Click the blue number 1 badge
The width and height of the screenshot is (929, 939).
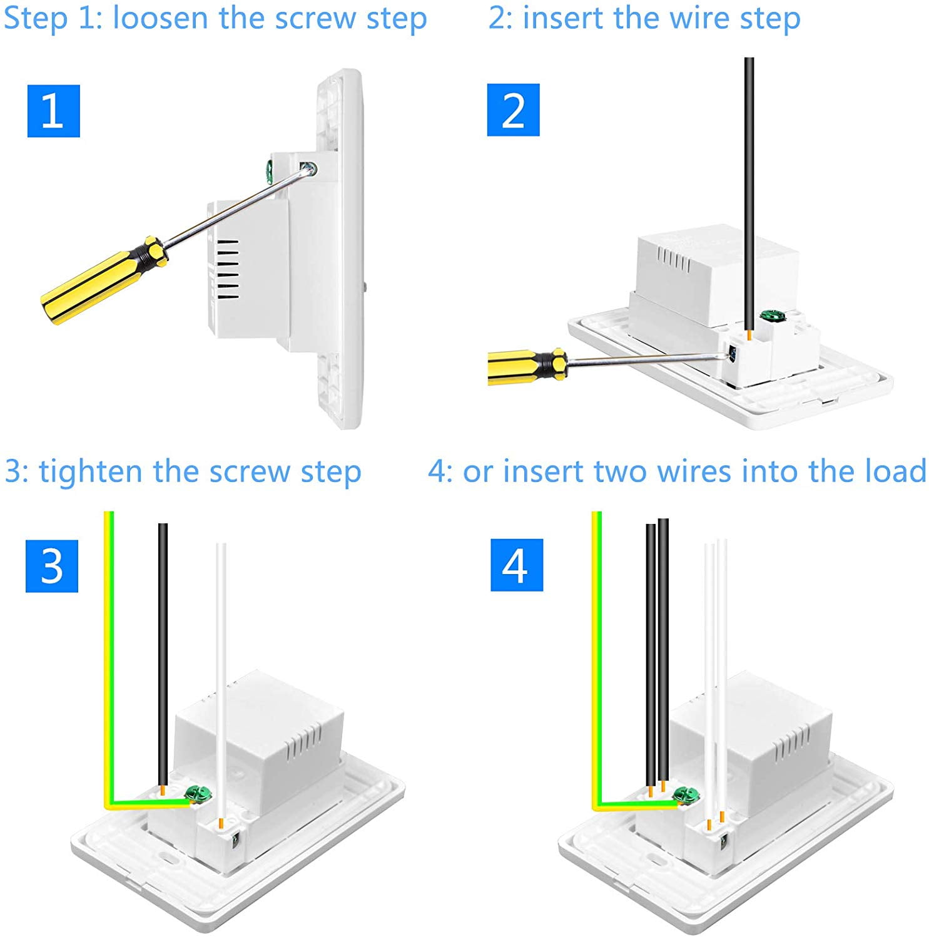[54, 111]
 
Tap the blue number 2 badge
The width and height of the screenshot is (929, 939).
[513, 110]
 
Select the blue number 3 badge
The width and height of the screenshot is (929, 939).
[52, 566]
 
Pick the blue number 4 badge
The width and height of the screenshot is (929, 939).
[517, 565]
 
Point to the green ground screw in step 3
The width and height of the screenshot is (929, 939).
[201, 796]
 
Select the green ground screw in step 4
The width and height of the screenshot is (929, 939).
[685, 794]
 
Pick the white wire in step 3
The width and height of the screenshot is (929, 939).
[221, 682]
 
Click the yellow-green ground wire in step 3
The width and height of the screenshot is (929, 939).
[109, 657]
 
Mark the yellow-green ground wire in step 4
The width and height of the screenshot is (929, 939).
[597, 657]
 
